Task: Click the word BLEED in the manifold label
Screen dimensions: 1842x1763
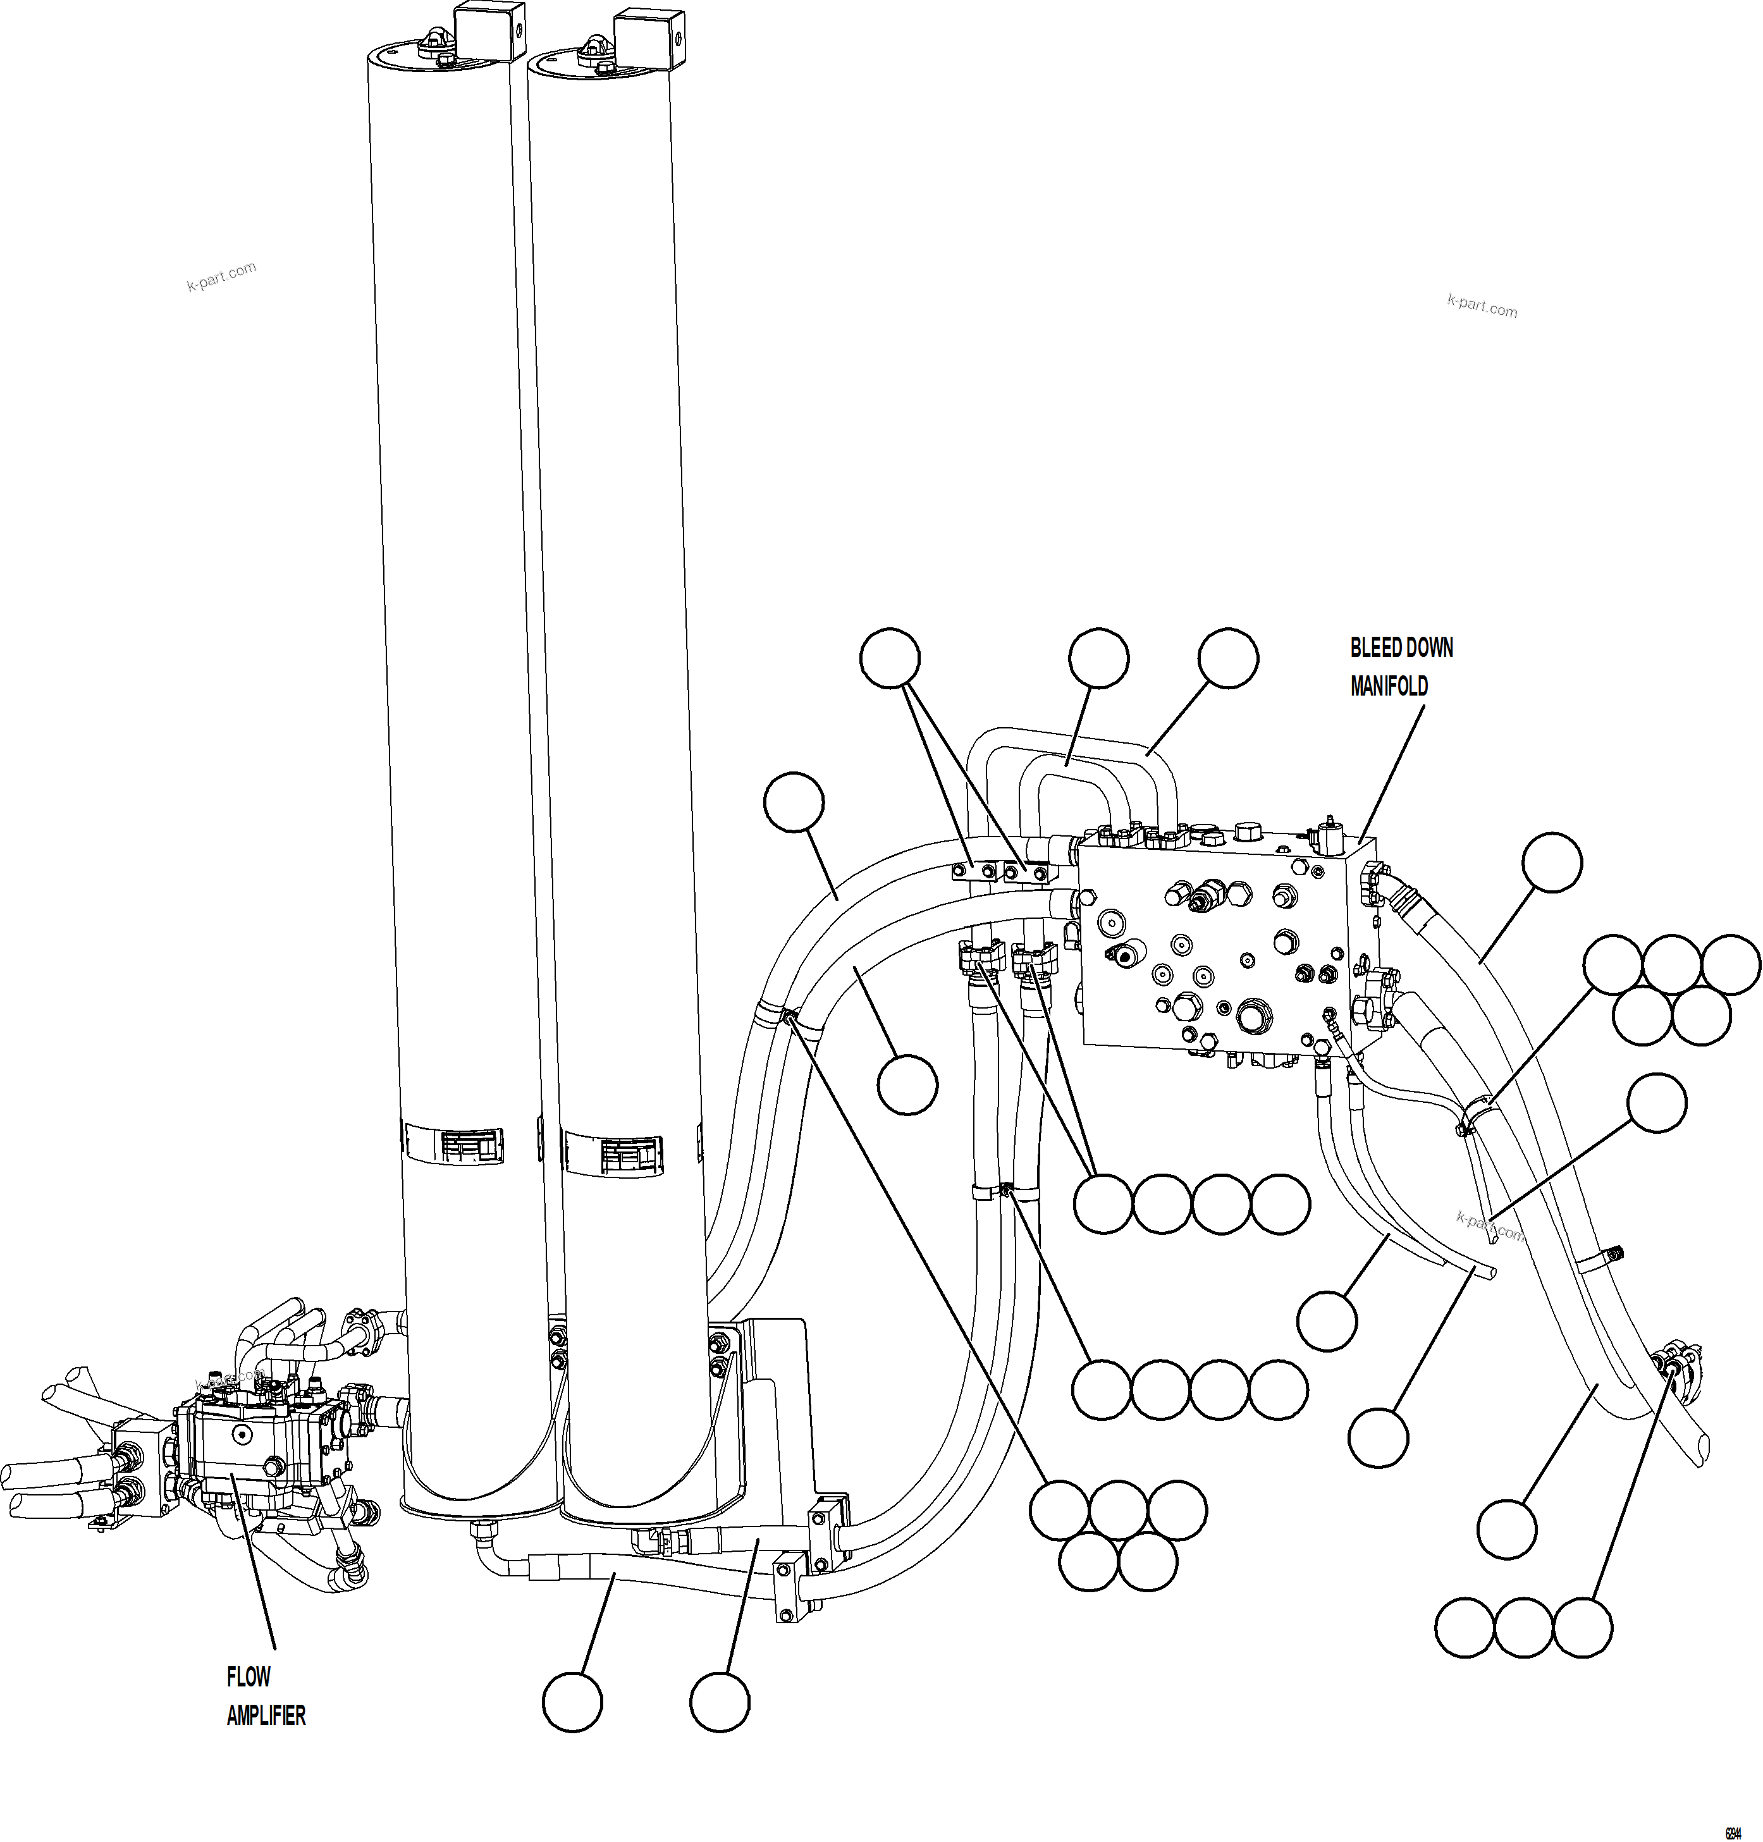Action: [1374, 648]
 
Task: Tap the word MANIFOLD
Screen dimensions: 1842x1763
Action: [1389, 687]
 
